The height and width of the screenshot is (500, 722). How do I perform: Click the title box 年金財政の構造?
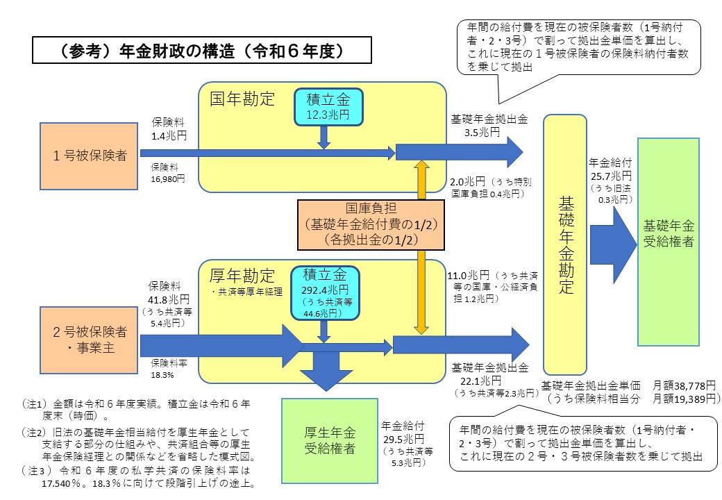pos(202,50)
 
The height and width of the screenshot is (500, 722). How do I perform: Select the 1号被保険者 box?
pos(89,156)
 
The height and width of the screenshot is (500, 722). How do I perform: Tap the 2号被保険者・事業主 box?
pos(89,340)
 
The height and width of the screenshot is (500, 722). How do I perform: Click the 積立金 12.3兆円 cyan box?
pos(328,107)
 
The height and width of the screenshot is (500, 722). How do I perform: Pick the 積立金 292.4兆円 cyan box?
pos(325,293)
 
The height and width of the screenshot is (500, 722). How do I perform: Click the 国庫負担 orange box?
pos(371,225)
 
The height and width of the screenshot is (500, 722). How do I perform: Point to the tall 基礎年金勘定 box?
pos(565,244)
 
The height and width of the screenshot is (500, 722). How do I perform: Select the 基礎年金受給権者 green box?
pos(668,242)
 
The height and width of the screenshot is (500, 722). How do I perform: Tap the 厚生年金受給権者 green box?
pos(330,440)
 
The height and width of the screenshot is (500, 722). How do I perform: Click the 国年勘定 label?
pos(242,99)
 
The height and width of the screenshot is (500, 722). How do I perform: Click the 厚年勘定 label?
pos(242,275)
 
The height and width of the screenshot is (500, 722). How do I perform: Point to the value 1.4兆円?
pos(169,136)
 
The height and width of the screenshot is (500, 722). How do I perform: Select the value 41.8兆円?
pos(169,300)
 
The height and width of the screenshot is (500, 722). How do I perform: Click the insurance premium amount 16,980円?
pos(168,178)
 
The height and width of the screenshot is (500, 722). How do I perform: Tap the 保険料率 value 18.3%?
pos(162,375)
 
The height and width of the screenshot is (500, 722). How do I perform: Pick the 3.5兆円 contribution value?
pos(482,133)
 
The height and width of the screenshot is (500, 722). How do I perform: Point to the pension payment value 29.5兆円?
pos(403,439)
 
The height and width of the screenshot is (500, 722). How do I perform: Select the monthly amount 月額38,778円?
pos(685,385)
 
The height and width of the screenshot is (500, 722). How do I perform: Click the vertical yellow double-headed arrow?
pos(421,247)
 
